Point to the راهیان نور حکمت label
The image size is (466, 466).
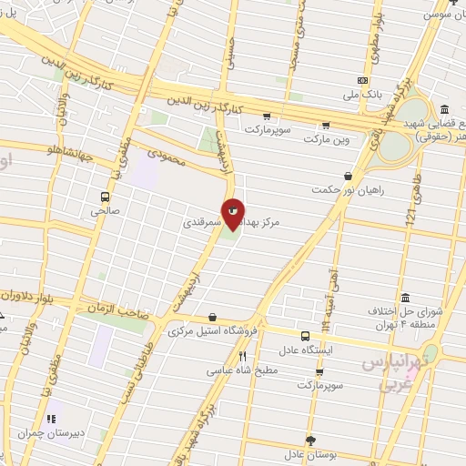(348, 188)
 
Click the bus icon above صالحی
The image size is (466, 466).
(105, 196)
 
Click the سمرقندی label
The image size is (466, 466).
(198, 221)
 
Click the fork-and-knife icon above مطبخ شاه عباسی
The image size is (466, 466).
(242, 356)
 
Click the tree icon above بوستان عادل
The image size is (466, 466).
(310, 439)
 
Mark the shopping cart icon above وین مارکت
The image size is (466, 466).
(325, 125)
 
